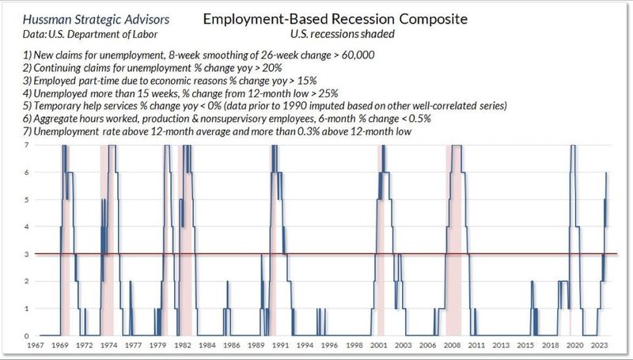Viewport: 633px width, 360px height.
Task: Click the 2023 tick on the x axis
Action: coord(599,345)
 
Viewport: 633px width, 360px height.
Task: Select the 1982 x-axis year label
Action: coord(183,345)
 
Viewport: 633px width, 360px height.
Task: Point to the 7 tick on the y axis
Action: coord(28,145)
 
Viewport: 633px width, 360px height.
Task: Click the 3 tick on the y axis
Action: coord(28,254)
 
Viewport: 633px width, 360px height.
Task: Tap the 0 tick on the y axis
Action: coord(28,335)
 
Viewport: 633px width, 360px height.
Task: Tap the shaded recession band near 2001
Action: coord(381,237)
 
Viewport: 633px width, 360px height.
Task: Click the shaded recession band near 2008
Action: coord(454,237)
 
